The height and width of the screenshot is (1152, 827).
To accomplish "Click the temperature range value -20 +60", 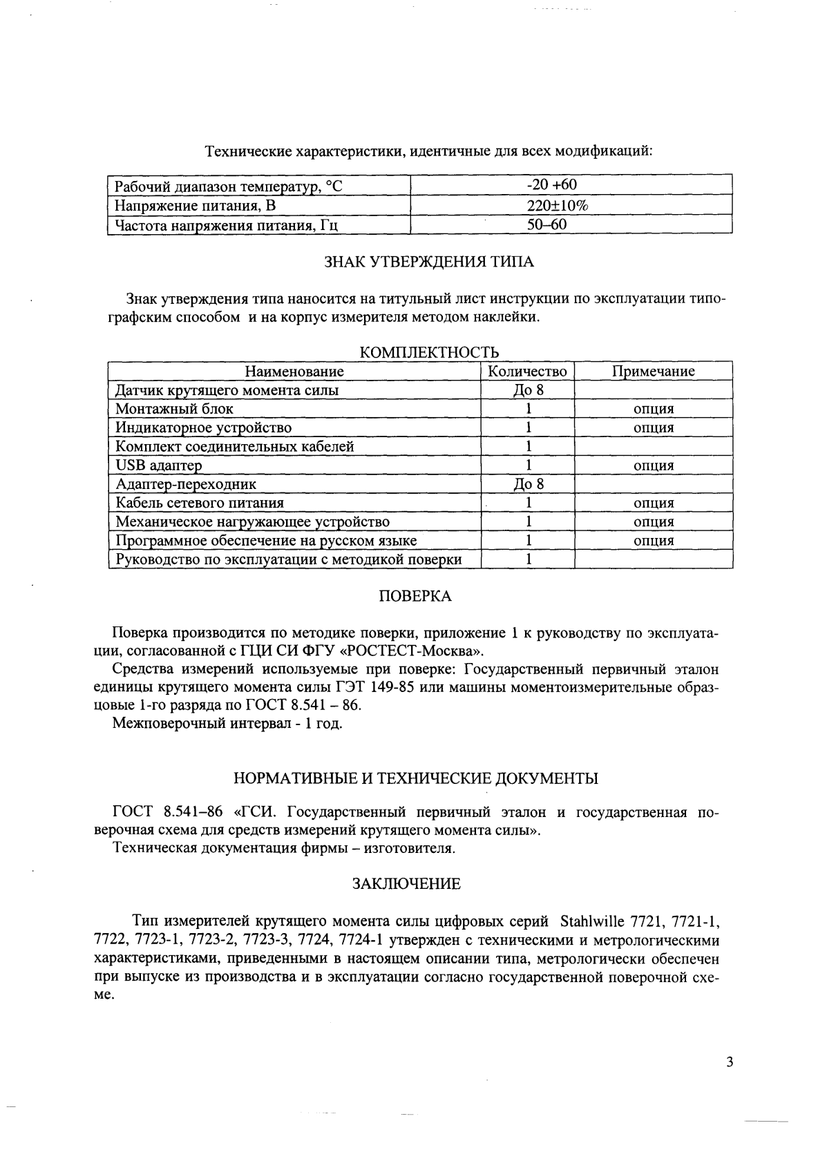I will pyautogui.click(x=551, y=185).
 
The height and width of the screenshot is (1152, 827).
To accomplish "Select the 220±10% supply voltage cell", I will pyautogui.click(x=557, y=205).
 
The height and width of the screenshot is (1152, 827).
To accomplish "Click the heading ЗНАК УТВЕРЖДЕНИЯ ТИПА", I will pyautogui.click(x=428, y=262).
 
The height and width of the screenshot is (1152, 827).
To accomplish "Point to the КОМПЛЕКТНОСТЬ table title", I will pyautogui.click(x=430, y=353).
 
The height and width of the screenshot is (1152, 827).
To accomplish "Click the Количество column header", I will pyautogui.click(x=527, y=372).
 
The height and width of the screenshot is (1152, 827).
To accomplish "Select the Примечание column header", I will pyautogui.click(x=654, y=372).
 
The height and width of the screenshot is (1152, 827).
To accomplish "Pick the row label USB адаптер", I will pyautogui.click(x=158, y=465).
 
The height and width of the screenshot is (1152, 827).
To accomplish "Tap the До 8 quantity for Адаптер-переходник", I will pyautogui.click(x=529, y=484).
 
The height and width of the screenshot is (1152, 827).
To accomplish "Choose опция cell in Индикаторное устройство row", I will pyautogui.click(x=654, y=428).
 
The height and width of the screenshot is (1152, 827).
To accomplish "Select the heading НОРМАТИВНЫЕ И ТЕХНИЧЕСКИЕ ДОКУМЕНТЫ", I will pyautogui.click(x=416, y=779).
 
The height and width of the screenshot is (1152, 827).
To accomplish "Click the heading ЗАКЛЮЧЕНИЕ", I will pyautogui.click(x=406, y=884).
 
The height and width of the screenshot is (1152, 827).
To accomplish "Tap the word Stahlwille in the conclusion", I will pyautogui.click(x=591, y=922).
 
